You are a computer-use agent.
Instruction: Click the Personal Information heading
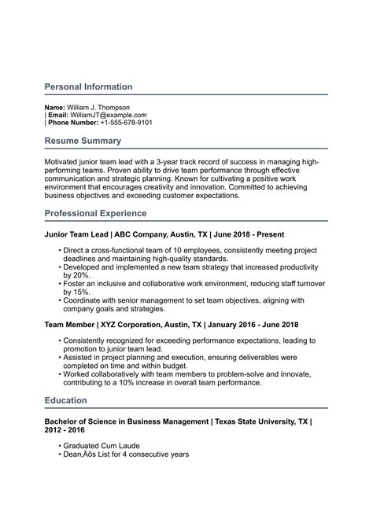click(x=88, y=86)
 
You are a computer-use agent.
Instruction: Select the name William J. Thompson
click(x=98, y=107)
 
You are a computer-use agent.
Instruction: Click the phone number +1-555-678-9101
click(x=122, y=123)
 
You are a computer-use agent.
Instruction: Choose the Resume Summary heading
click(x=83, y=141)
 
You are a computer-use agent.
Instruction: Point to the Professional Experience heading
click(x=95, y=213)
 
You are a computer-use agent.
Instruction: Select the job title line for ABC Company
click(x=164, y=234)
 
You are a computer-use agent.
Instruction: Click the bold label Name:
click(x=55, y=107)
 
